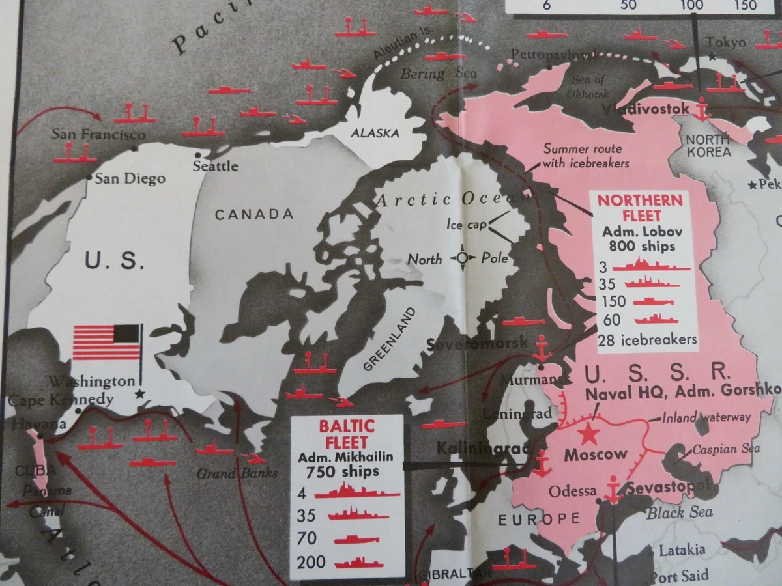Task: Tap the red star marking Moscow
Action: [x=589, y=432]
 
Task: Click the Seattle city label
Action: [x=216, y=166]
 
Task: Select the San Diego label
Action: [x=130, y=178]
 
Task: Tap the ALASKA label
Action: [x=375, y=133]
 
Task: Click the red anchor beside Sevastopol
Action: [x=613, y=490]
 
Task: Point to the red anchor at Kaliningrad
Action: [x=541, y=463]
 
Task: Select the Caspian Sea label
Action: [x=717, y=449]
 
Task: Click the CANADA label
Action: [x=254, y=214]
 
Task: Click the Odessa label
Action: [x=573, y=491]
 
